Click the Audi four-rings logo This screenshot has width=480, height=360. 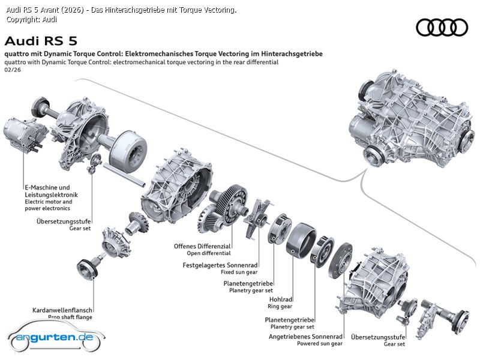pyautogui.click(x=442, y=27)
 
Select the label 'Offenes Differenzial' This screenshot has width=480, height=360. pyautogui.click(x=202, y=246)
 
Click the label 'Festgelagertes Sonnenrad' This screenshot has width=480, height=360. pyautogui.click(x=220, y=265)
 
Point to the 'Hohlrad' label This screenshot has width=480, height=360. pyautogui.click(x=281, y=299)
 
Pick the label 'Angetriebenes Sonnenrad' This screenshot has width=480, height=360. pyautogui.click(x=305, y=337)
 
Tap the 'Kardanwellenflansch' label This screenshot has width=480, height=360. pyautogui.click(x=62, y=310)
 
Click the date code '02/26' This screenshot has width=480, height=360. pyautogui.click(x=12, y=70)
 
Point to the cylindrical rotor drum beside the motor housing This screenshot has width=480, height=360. pyautogui.click(x=130, y=150)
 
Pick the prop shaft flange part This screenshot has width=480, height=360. pyautogui.click(x=89, y=268)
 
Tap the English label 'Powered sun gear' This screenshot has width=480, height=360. pyautogui.click(x=319, y=344)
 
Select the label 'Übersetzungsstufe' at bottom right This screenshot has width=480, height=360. pyautogui.click(x=378, y=337)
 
